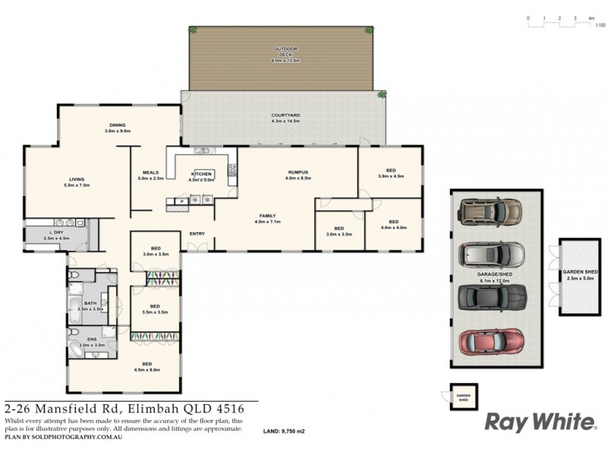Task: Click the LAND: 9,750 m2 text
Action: [284, 431]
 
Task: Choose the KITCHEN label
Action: [202, 174]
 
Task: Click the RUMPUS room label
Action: [298, 172]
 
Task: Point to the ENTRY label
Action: [197, 234]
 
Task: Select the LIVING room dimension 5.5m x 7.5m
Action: [76, 185]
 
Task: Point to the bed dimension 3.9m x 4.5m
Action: [391, 176]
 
